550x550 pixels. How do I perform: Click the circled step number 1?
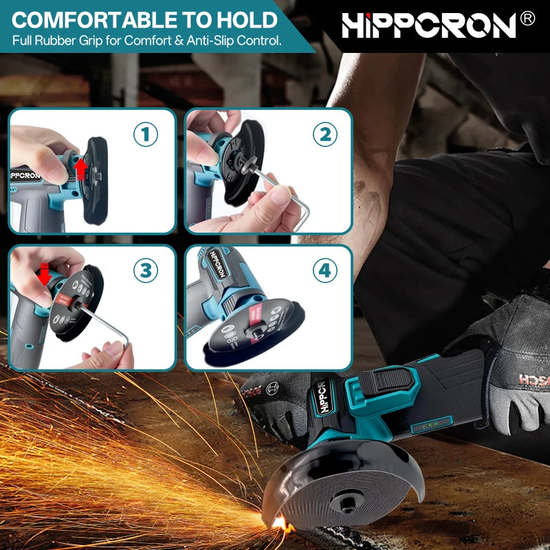(x=145, y=135)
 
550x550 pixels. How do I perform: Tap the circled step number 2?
(x=325, y=135)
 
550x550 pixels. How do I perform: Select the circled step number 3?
(x=145, y=271)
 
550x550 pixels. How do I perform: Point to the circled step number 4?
(x=325, y=271)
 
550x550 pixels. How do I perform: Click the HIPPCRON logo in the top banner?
(x=428, y=25)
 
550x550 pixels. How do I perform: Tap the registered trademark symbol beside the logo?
(x=527, y=19)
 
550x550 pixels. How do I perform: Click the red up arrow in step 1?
(x=81, y=168)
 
